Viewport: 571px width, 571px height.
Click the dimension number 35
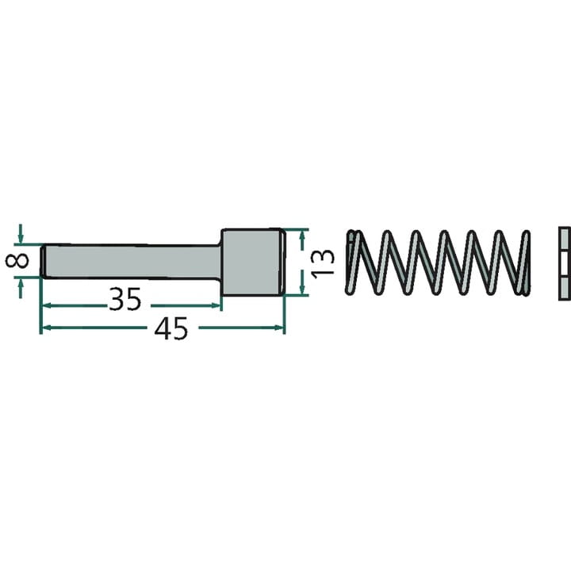coord(125,299)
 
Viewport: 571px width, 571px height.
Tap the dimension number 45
coord(171,328)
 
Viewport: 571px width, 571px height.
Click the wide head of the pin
coord(253,262)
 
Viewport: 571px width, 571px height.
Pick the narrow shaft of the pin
coord(132,262)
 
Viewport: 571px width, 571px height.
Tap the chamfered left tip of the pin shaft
coord(43,262)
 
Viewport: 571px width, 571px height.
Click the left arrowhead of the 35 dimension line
coord(47,306)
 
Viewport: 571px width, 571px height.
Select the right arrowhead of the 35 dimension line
coord(215,306)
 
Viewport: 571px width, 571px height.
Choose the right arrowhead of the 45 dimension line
coord(278,328)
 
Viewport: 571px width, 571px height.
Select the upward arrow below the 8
coord(21,289)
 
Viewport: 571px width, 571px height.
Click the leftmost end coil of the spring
coord(352,262)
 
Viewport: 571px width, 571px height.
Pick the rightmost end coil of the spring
coord(524,262)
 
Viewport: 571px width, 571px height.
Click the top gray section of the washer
coord(565,240)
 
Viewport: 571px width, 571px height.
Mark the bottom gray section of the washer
coord(565,288)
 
